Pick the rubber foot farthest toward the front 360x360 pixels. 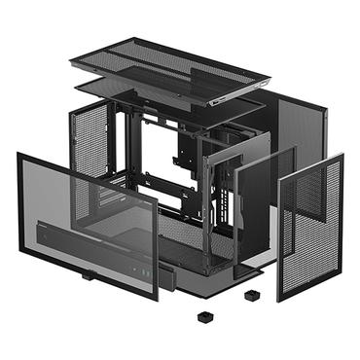click(x=204, y=316)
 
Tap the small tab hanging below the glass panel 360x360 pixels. click(x=88, y=274)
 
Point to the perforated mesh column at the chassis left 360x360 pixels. click(x=90, y=146)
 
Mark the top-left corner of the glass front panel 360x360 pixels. click(x=19, y=154)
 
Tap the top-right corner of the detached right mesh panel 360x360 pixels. click(x=342, y=157)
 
